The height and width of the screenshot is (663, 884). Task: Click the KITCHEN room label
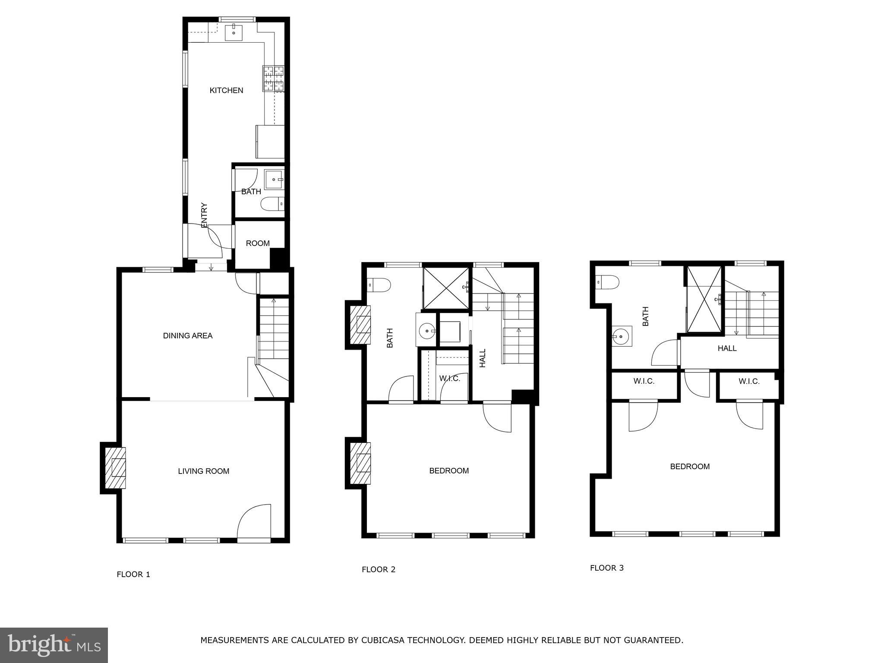click(226, 90)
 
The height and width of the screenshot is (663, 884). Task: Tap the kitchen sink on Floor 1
click(234, 33)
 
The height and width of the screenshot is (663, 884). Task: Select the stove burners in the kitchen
click(274, 79)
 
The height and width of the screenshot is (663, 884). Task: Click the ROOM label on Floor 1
click(258, 243)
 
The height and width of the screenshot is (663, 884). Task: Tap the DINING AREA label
click(188, 336)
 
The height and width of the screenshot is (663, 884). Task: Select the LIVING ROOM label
click(203, 471)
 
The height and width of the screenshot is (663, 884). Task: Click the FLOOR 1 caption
click(133, 575)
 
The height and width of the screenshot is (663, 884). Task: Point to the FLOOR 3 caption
click(607, 568)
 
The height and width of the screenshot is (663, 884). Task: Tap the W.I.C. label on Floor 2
click(450, 379)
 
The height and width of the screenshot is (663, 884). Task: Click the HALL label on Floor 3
click(727, 348)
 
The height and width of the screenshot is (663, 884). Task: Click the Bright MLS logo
click(54, 645)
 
